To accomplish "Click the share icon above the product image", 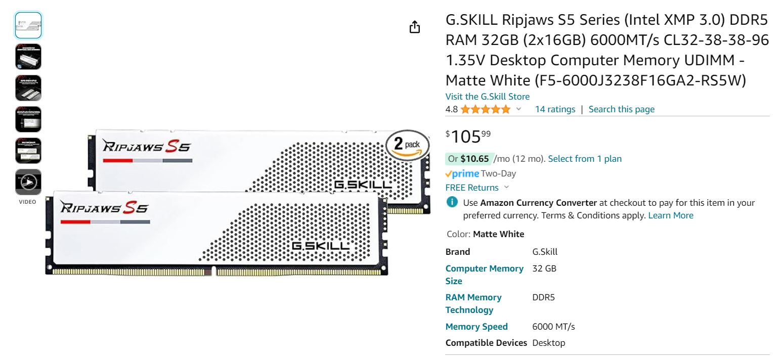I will click(x=414, y=27).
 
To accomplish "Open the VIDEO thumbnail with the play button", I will click(x=28, y=182).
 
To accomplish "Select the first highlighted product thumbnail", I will click(x=28, y=25).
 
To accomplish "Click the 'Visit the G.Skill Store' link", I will click(x=487, y=97).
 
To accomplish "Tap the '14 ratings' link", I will click(x=555, y=109).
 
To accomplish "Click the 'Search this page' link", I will click(x=621, y=109).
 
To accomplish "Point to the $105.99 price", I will click(x=468, y=137).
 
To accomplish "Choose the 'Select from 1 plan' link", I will click(x=585, y=159).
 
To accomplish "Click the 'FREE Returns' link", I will click(x=472, y=188).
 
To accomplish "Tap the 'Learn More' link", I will click(x=671, y=215).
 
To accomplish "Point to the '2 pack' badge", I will click(x=407, y=146).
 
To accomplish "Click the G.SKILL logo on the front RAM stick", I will click(x=320, y=246).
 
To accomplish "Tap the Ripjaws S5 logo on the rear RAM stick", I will click(x=147, y=147).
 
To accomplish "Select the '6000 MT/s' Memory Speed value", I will click(x=553, y=327).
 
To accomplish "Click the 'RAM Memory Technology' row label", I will click(x=473, y=303).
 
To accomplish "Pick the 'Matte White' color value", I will click(x=498, y=234).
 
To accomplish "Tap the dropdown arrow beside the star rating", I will click(x=518, y=109).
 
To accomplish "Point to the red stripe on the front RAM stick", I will click(x=75, y=221).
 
